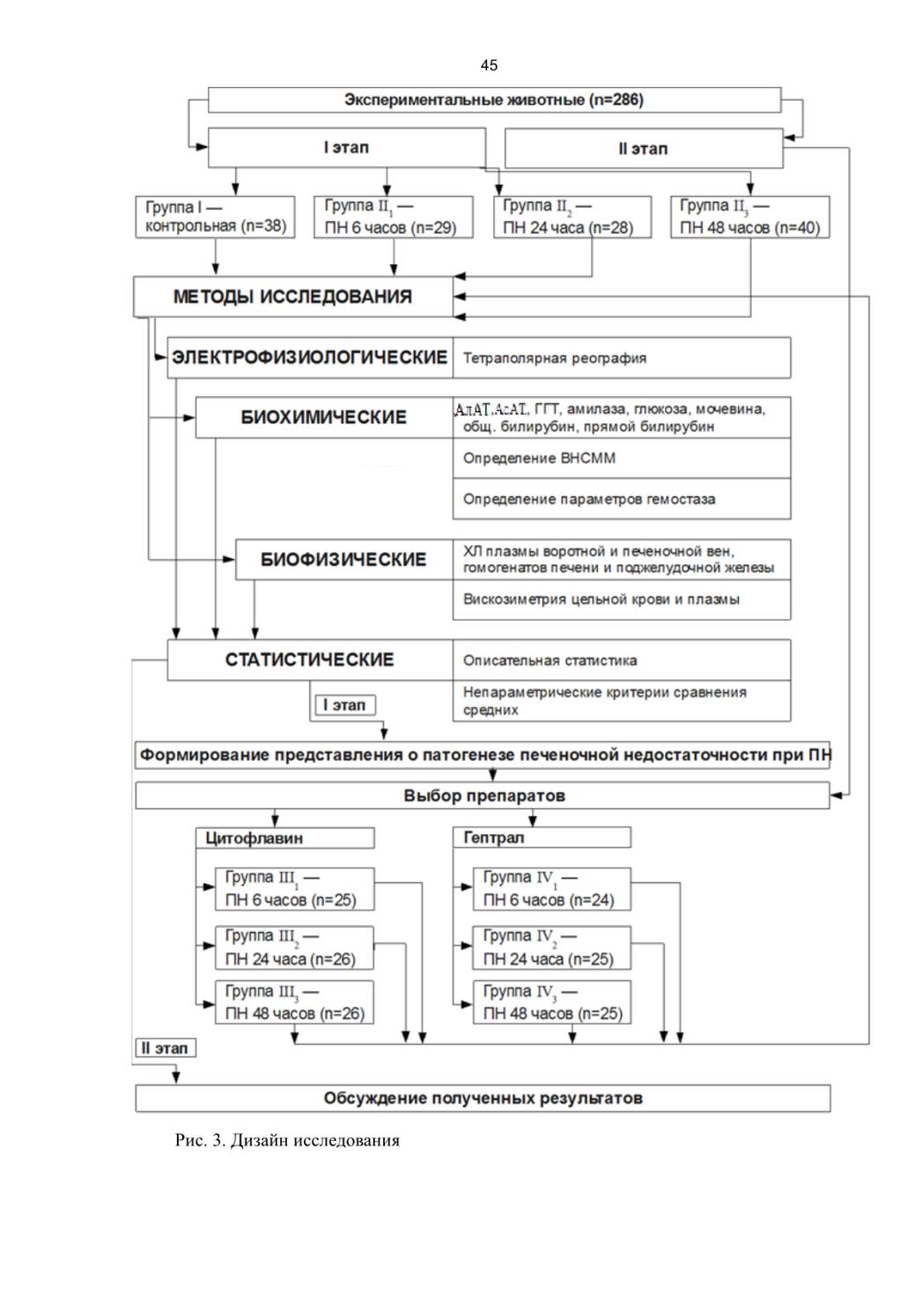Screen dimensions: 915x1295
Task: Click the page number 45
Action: point(489,65)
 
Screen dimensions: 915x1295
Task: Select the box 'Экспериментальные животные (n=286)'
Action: point(494,100)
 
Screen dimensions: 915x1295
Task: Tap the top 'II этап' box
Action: point(644,149)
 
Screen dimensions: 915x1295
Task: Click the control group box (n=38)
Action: point(215,217)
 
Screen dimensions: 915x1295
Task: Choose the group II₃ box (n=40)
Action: point(749,217)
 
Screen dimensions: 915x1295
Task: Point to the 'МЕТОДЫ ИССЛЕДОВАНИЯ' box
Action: point(293,297)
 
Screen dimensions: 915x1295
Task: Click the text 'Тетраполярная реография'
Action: point(555,358)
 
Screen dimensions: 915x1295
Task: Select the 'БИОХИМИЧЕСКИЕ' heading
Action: point(324,417)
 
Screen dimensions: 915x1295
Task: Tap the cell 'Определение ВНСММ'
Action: point(622,459)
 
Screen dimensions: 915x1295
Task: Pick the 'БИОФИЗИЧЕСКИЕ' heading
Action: point(343,560)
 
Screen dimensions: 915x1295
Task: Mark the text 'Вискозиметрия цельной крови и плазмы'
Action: point(601,600)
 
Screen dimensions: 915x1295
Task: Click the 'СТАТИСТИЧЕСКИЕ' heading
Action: point(310,659)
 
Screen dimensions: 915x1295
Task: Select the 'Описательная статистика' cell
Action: point(622,659)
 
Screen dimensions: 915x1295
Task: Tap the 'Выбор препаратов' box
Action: point(483,796)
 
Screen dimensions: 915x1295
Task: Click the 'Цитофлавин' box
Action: point(285,838)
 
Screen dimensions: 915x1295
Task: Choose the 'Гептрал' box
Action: point(542,837)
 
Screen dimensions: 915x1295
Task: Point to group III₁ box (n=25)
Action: point(294,889)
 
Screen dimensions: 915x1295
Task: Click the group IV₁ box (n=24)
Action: point(552,889)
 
